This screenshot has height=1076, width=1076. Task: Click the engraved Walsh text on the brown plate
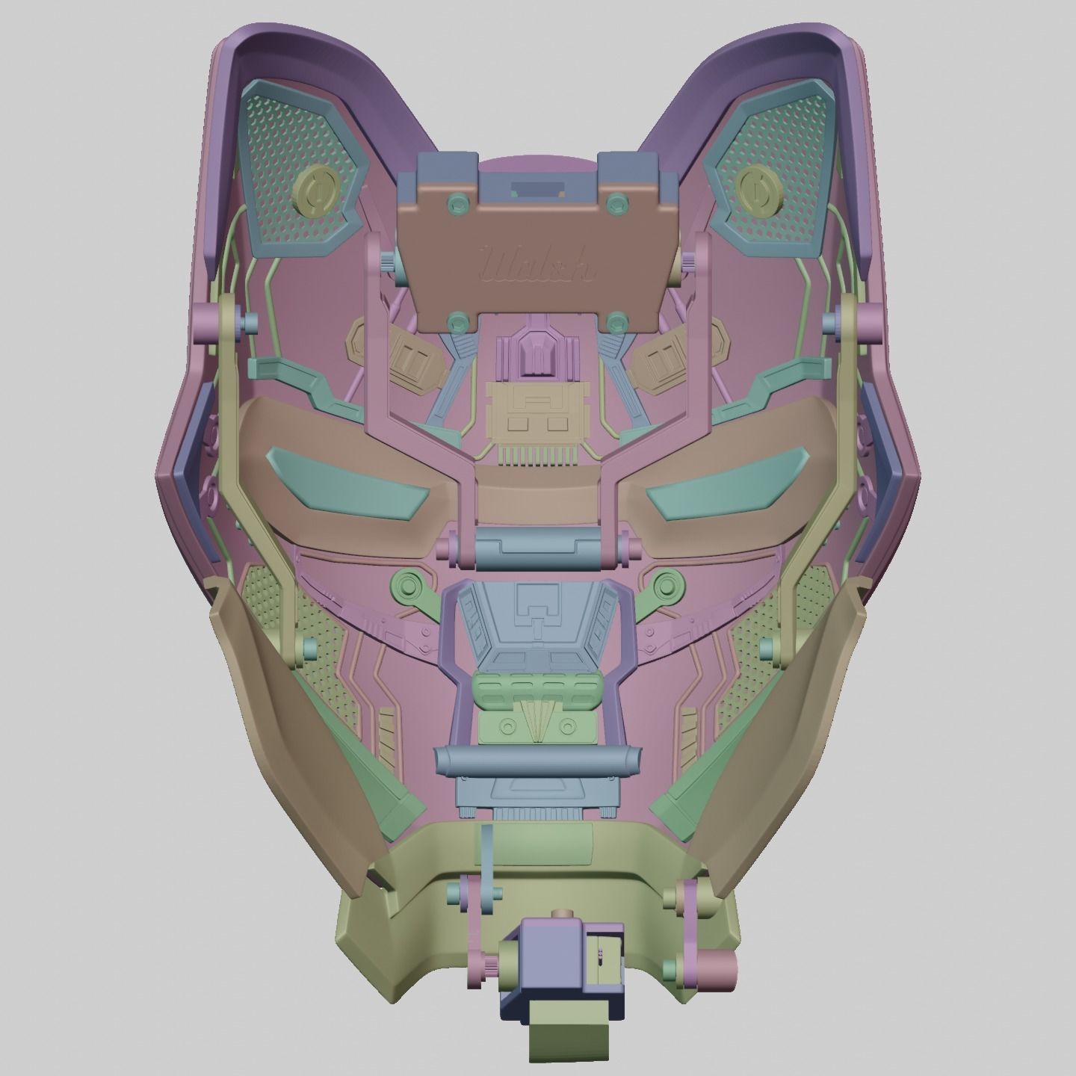pos(537,265)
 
